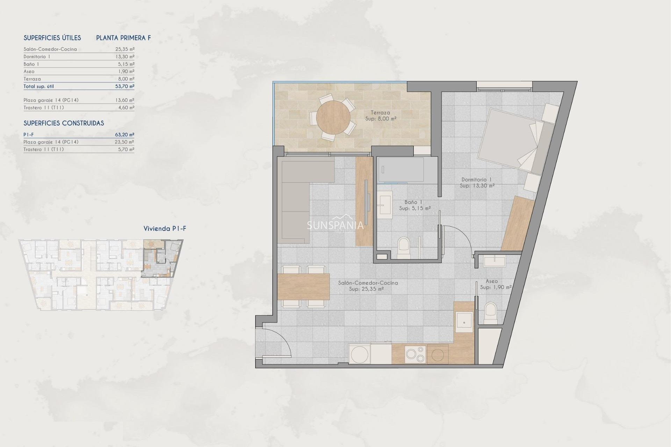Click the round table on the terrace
coord(333,117)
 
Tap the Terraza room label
coord(380,113)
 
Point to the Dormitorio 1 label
coord(477,179)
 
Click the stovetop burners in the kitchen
coord(415,354)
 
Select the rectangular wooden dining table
coord(303,287)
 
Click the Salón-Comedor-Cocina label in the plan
coord(368,283)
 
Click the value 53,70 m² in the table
coord(125,86)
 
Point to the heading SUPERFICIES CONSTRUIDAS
coord(64,123)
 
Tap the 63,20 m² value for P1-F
coord(125,134)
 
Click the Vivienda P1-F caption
coord(165,229)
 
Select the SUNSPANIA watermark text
coord(335,225)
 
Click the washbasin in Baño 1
coord(385,204)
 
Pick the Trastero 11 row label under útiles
coord(44,108)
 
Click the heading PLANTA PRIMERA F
coord(123,38)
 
